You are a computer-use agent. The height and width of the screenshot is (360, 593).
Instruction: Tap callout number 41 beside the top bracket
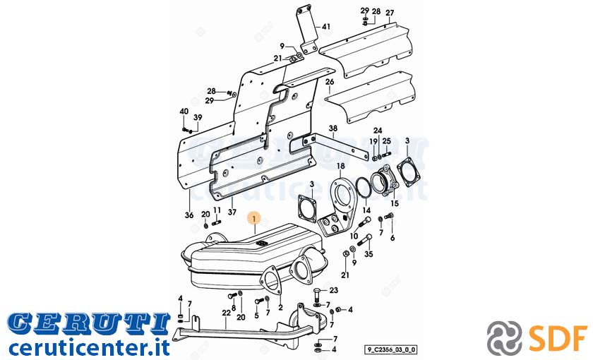click(x=326, y=27)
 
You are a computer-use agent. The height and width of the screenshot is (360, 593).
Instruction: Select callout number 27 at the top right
click(x=390, y=13)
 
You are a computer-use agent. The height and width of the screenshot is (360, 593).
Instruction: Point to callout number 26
click(x=330, y=82)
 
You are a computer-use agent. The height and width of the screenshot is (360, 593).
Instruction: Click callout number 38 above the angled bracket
click(x=333, y=128)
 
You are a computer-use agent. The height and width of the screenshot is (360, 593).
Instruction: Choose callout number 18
click(x=341, y=166)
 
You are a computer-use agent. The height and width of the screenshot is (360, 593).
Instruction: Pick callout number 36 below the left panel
click(x=189, y=215)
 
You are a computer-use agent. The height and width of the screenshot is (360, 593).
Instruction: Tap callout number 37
click(x=232, y=212)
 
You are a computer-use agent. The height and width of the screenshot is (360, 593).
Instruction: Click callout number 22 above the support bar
click(x=226, y=313)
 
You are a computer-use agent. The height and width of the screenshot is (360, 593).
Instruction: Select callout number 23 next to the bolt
click(x=333, y=290)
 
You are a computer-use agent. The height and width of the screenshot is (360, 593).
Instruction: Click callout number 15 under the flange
click(x=395, y=203)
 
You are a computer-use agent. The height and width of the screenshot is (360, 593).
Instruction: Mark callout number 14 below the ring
click(x=367, y=210)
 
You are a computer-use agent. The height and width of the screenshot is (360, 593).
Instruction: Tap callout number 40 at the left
click(x=184, y=112)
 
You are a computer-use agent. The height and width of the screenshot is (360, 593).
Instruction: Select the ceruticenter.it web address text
click(x=89, y=346)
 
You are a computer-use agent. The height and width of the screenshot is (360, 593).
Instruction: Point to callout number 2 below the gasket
click(x=280, y=308)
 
